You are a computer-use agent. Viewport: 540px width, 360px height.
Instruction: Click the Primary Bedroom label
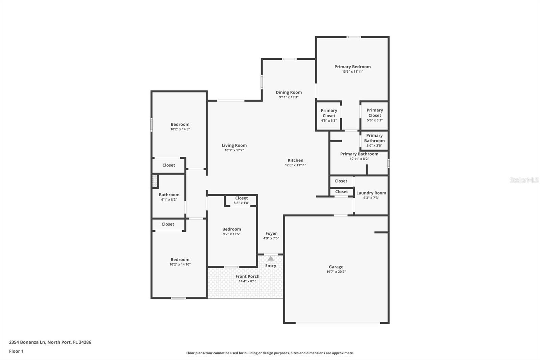point(352,67)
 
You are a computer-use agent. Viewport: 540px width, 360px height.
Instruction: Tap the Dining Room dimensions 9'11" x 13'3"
point(289,97)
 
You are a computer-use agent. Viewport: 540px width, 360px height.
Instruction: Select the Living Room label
point(234,146)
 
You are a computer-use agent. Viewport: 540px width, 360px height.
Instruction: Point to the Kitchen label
point(295,160)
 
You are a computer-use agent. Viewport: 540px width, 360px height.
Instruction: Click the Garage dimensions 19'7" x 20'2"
point(336,272)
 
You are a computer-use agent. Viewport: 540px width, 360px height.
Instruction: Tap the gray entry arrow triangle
point(271,258)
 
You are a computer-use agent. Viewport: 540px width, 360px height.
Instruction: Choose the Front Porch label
point(247,277)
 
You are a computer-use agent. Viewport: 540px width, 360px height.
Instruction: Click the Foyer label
point(271,234)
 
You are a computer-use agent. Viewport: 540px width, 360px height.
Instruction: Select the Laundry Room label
point(371,193)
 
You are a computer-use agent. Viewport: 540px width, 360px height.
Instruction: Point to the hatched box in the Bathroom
point(155,181)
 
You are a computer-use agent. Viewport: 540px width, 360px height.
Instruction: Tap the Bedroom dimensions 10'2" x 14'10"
point(180,264)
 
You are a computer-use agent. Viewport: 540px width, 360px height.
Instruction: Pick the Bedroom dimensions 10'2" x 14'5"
point(180,129)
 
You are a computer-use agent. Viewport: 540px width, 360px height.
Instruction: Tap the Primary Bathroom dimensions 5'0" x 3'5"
point(374,146)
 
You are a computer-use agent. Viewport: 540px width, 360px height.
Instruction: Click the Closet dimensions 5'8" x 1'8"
point(241,203)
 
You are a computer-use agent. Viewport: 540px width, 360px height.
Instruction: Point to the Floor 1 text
point(16,351)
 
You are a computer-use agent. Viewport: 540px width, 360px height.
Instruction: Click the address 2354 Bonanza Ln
point(27,342)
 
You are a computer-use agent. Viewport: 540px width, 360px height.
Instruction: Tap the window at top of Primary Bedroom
point(354,37)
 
